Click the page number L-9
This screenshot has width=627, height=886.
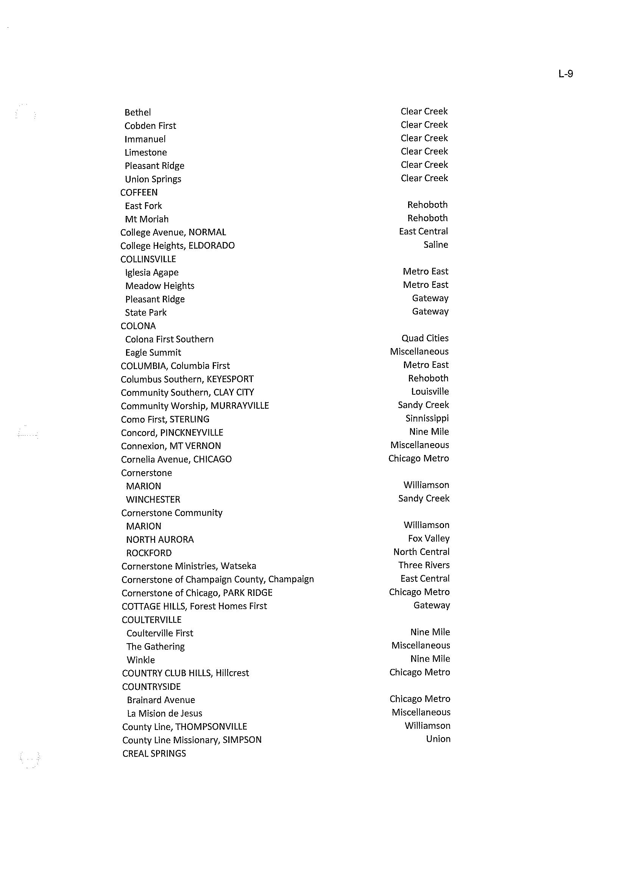(565, 74)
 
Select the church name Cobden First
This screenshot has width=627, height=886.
(150, 126)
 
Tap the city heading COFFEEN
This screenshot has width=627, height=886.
(139, 192)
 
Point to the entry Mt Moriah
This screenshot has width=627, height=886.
(147, 219)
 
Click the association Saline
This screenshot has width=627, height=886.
(435, 245)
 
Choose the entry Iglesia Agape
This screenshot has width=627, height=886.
(152, 273)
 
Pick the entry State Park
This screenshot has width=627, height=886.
(145, 313)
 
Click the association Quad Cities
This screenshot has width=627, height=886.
(425, 338)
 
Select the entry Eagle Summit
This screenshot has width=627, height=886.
(153, 353)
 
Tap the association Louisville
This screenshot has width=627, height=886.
(430, 392)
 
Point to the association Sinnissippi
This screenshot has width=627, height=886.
(427, 418)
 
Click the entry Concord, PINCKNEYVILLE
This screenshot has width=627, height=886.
(172, 433)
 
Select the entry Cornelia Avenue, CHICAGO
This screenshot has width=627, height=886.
(176, 459)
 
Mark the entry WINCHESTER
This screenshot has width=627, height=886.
(153, 499)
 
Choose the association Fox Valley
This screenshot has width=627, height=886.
(429, 538)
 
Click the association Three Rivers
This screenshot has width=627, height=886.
(424, 565)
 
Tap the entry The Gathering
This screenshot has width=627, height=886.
(156, 647)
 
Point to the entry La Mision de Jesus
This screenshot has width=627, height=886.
(164, 713)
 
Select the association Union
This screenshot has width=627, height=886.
(438, 739)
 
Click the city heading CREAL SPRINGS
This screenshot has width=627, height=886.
(154, 753)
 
